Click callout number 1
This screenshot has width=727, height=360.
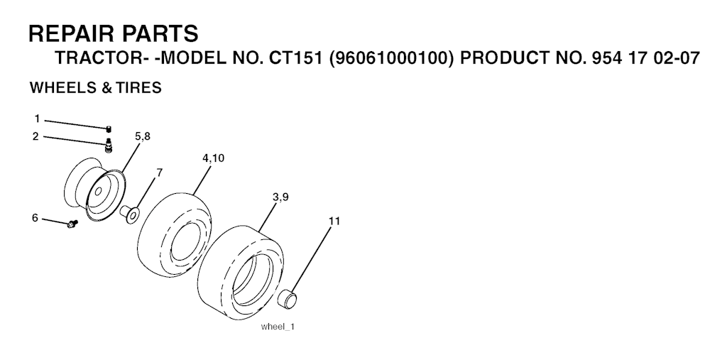point(37,119)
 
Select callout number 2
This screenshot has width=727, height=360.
point(35,136)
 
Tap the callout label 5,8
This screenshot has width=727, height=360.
point(142,136)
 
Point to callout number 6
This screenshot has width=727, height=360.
point(35,217)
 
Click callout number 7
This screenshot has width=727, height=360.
point(160,173)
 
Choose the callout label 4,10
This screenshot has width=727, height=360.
point(213,158)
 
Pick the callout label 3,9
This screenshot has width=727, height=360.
point(280,197)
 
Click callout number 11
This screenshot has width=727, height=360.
point(334,221)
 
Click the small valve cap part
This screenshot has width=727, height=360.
point(109,129)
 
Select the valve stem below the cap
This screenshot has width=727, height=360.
point(109,145)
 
